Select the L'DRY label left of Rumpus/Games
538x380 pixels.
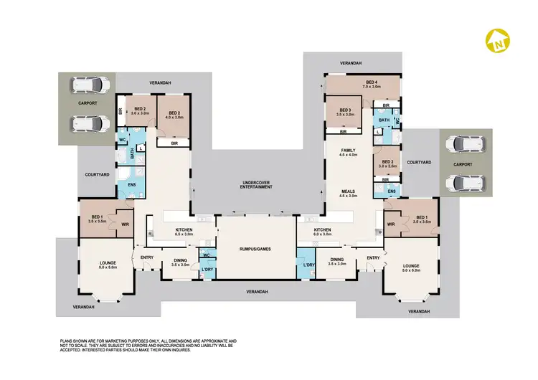207,269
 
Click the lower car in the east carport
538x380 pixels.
459,183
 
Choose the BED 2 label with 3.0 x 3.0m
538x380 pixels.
139,109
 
